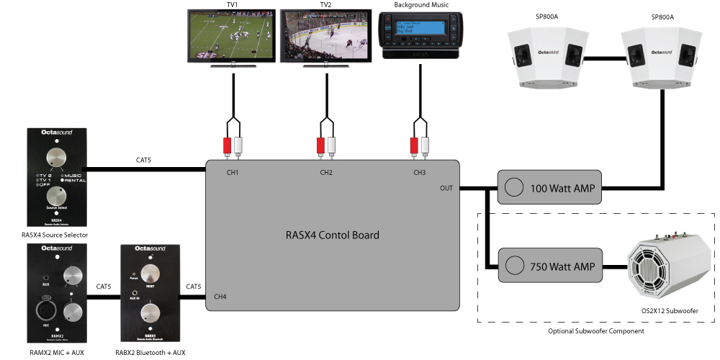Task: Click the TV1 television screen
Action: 233,37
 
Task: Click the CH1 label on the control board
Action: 233,173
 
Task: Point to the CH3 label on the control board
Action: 419,173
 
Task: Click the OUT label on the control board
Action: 447,189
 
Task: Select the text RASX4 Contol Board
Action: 331,235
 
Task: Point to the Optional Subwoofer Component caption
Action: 597,330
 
